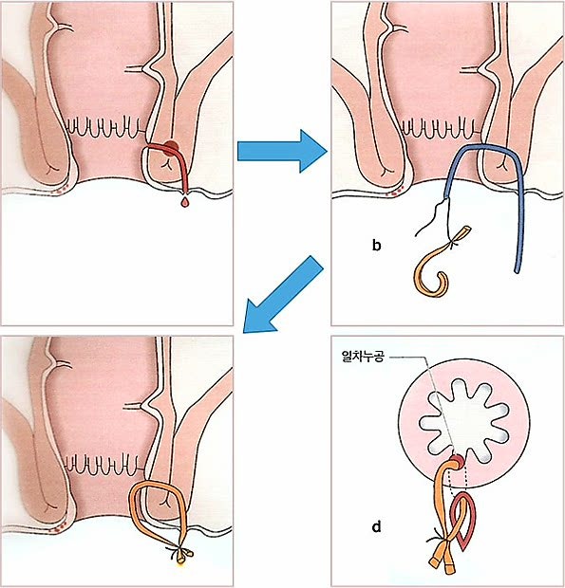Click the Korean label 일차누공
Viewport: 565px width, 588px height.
coord(363,356)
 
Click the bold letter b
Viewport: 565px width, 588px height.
coord(376,246)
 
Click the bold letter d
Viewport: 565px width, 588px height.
coord(376,527)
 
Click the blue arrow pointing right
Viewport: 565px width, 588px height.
coord(282,151)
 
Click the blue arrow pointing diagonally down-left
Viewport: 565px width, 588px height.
coord(282,295)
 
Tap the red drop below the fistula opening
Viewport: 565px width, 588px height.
coord(184,203)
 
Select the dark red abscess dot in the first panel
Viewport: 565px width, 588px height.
coord(171,146)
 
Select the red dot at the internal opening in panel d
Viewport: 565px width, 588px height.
coord(458,461)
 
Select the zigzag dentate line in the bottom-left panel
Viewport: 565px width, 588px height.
coord(103,464)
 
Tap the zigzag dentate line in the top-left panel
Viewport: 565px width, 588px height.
coord(104,127)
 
